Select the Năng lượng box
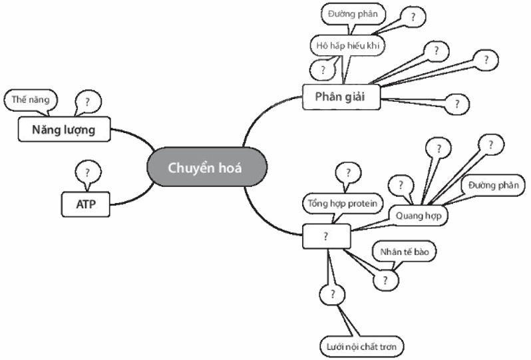(x=63, y=129)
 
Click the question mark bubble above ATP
(x=88, y=172)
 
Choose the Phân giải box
(x=342, y=96)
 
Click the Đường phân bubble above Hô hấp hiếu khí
(x=352, y=14)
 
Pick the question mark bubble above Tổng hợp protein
(x=347, y=174)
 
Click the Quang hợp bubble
(x=418, y=216)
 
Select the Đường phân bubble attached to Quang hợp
(x=492, y=184)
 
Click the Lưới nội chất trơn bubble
(x=362, y=346)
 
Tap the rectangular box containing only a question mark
(x=326, y=236)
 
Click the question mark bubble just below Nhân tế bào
(x=385, y=279)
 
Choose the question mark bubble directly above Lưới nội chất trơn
(x=332, y=293)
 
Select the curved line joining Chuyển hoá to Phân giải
(x=256, y=120)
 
